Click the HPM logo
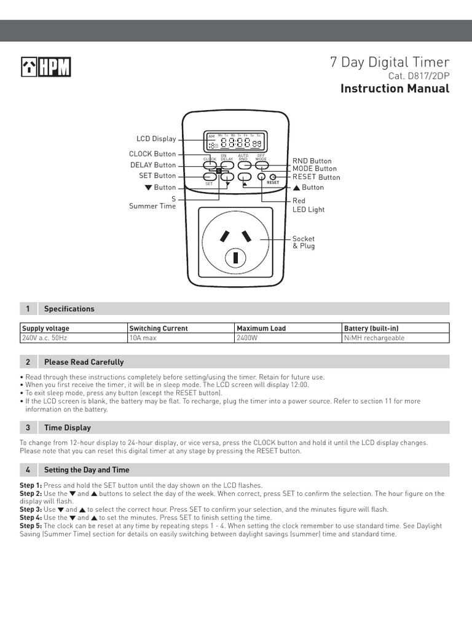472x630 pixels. [x=45, y=67]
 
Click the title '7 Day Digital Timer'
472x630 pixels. [x=389, y=62]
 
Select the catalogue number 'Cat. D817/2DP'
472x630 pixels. [x=419, y=76]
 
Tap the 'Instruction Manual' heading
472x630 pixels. [x=395, y=89]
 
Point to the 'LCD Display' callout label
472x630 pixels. [x=156, y=139]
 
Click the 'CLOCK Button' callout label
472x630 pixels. [x=152, y=154]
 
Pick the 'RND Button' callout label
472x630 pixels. [x=312, y=161]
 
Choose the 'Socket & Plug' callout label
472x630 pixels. [x=303, y=242]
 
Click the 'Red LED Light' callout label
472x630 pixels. [x=308, y=205]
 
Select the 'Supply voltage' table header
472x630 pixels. [x=46, y=329]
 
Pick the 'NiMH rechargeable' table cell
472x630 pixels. [x=374, y=338]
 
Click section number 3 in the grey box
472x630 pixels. [x=28, y=428]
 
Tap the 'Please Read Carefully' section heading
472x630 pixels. [x=84, y=362]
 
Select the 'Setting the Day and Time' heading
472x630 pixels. [x=87, y=470]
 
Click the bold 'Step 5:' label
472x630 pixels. [x=31, y=526]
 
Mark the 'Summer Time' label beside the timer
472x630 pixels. [x=152, y=206]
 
